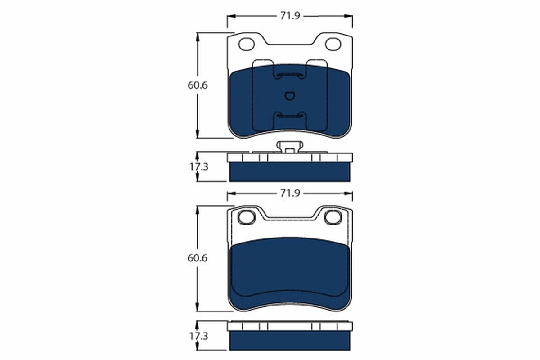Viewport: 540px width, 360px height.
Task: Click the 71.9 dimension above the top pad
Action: [x=290, y=16]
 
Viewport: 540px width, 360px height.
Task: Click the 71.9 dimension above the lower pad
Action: [x=290, y=193]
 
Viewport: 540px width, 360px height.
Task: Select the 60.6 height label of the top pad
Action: [x=198, y=85]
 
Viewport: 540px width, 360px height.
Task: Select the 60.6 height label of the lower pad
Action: [x=198, y=259]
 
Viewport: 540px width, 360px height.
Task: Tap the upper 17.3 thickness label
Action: [x=198, y=166]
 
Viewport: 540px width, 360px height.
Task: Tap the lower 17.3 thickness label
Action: [x=198, y=336]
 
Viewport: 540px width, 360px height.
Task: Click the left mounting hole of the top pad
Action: [x=246, y=44]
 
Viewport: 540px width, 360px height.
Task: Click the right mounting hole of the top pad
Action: [x=333, y=44]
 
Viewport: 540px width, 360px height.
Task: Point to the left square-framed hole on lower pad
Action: [x=246, y=217]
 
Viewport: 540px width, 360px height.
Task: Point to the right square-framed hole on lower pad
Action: [x=333, y=217]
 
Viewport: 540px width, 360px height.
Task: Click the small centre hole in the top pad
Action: [x=290, y=95]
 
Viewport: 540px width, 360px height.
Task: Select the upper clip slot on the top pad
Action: [x=290, y=75]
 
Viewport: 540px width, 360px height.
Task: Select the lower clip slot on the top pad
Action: [x=290, y=116]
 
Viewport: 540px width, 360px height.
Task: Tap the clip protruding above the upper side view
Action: [x=290, y=147]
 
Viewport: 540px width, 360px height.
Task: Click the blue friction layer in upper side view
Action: [x=290, y=172]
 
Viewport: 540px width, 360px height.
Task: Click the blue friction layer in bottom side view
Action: [x=290, y=341]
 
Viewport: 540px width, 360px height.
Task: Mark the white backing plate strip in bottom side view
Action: [x=290, y=326]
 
